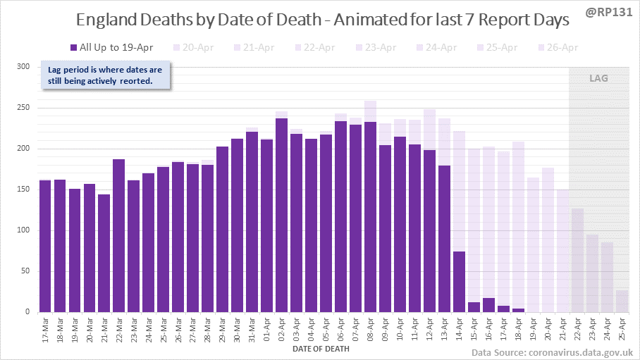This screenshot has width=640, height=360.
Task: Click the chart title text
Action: click(313, 21)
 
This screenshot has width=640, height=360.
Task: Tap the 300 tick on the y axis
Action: click(24, 67)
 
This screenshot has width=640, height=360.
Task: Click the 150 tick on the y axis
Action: click(24, 190)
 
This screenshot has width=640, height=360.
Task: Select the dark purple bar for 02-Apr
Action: click(281, 215)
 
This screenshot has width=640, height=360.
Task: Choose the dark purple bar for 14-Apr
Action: click(459, 282)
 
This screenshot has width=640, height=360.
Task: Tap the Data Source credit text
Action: click(552, 352)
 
